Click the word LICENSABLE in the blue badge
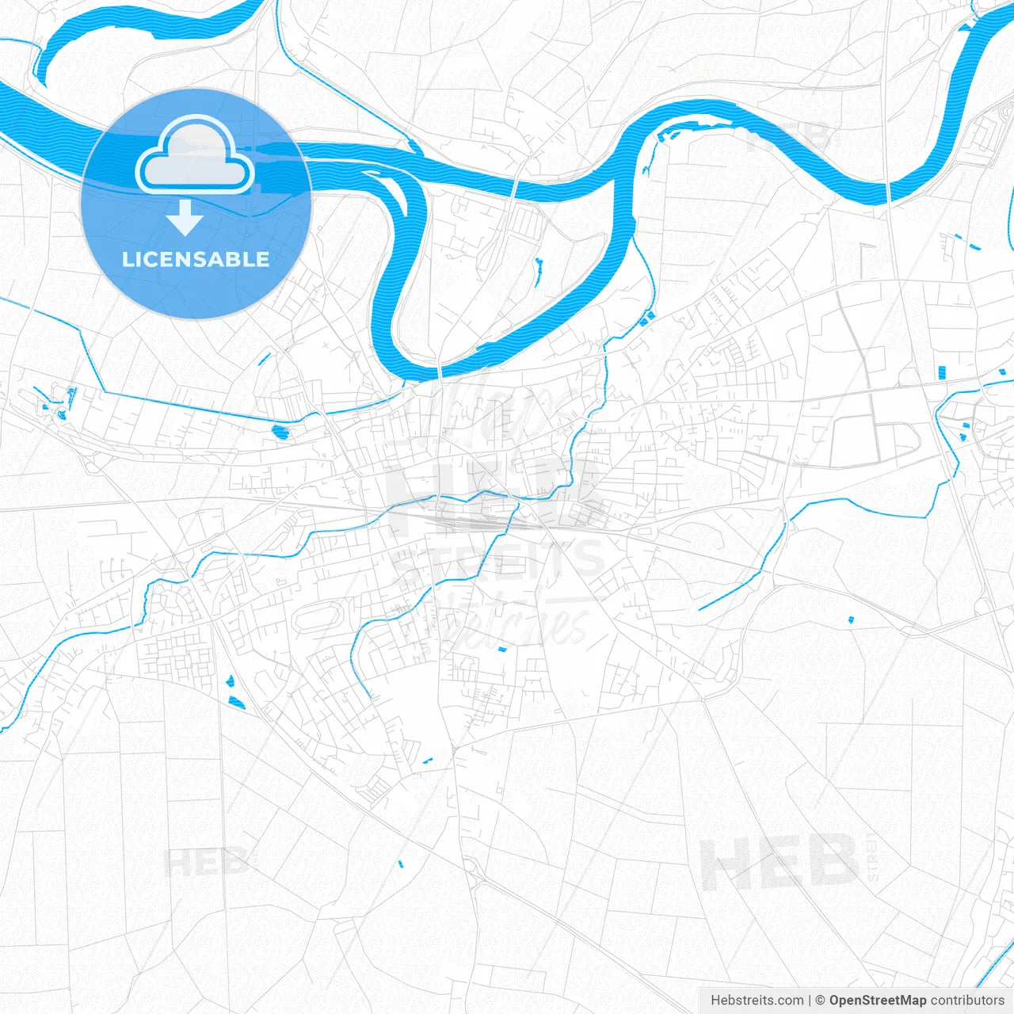[196, 260]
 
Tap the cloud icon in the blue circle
[195, 156]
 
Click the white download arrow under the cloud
[185, 218]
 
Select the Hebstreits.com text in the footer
[757, 1001]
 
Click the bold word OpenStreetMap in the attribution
[877, 1001]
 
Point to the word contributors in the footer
[967, 1001]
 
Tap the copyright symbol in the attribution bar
[821, 1001]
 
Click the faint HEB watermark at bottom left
[204, 862]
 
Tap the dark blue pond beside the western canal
[280, 432]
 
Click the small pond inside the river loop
[537, 271]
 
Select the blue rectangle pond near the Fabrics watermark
[501, 649]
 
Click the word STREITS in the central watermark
[499, 559]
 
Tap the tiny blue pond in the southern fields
[400, 863]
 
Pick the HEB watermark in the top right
[788, 136]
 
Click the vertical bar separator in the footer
[809, 1001]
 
